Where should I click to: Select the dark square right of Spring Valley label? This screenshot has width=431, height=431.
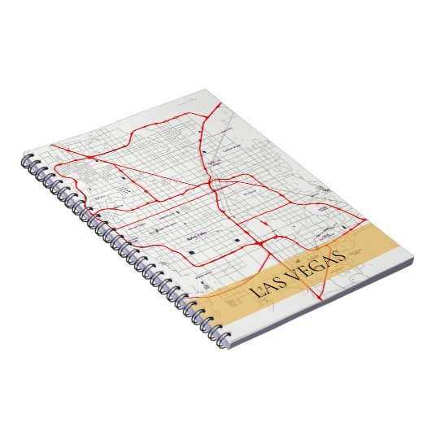pyautogui.click(x=237, y=241)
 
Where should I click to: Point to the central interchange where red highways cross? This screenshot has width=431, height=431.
pyautogui.click(x=213, y=186)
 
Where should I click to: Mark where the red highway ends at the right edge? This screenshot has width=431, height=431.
pyautogui.click(x=359, y=218)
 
